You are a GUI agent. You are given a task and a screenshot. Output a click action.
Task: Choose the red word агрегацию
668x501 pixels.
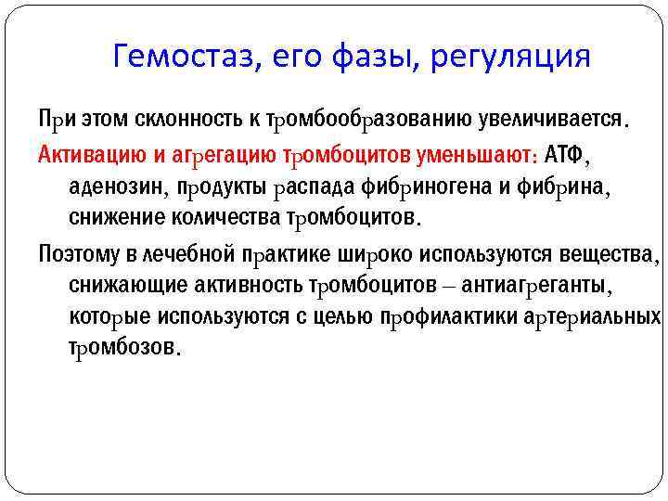210,152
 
